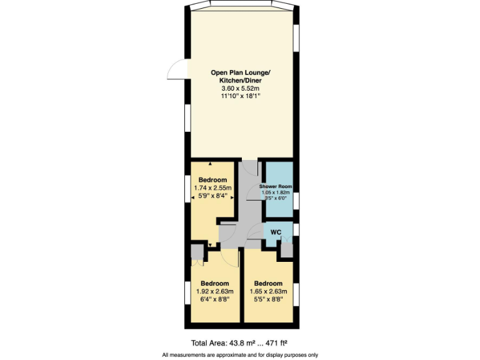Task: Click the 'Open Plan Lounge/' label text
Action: click(241, 72)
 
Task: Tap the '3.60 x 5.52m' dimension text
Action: click(241, 89)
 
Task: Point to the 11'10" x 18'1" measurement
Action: click(241, 97)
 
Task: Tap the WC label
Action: click(276, 232)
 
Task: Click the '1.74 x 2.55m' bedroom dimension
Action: click(212, 187)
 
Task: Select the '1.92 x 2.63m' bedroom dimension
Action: click(214, 291)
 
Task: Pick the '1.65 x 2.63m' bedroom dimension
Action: click(268, 291)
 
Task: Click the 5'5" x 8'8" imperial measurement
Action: click(268, 299)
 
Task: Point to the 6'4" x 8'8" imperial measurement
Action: click(214, 299)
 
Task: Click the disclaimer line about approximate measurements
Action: click(240, 355)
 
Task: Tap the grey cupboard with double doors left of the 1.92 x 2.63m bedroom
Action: click(197, 252)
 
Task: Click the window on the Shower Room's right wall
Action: click(296, 200)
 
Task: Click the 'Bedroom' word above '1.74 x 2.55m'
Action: click(212, 180)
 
